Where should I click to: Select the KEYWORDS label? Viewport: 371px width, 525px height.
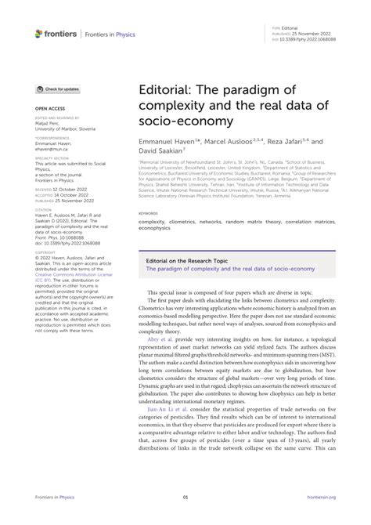[147, 212]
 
